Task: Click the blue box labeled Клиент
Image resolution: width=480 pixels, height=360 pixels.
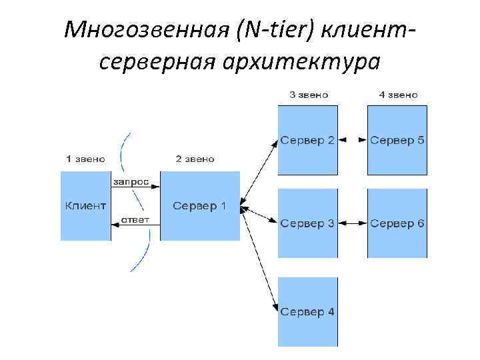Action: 85,205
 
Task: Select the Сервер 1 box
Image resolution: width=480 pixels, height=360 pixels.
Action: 200,205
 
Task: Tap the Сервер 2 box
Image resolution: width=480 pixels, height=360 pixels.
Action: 307,140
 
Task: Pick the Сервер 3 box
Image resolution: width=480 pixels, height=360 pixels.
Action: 307,223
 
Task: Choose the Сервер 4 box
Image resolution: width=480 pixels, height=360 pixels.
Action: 307,311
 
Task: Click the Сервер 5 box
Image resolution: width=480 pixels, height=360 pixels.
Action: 397,140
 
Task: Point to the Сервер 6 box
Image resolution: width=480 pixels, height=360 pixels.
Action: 397,223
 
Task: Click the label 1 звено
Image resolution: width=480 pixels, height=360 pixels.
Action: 85,159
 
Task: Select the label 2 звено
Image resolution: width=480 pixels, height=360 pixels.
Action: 195,159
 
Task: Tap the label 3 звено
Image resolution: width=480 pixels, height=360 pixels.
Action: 309,95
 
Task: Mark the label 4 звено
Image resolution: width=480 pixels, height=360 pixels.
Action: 398,95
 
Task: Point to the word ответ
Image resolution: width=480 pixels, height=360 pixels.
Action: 135,220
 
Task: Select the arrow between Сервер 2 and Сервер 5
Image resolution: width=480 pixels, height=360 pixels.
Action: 353,140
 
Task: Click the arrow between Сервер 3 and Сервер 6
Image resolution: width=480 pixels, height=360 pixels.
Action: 353,223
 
